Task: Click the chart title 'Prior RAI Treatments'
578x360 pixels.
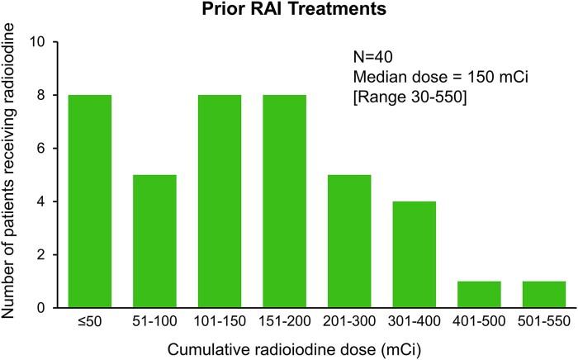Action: (304, 12)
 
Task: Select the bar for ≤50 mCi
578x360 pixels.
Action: (89, 201)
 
